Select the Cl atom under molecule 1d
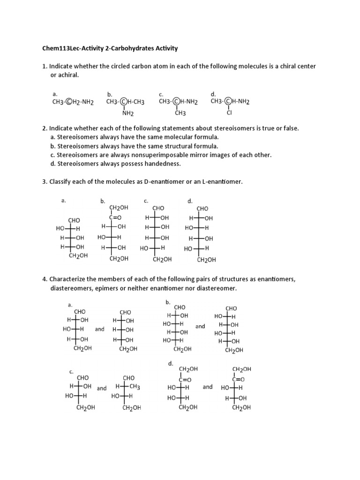pyautogui.click(x=230, y=112)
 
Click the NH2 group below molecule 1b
pyautogui.click(x=127, y=113)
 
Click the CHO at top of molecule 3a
pyautogui.click(x=75, y=220)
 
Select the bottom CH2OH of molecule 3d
pyautogui.click(x=206, y=259)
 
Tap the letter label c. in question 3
pyautogui.click(x=146, y=201)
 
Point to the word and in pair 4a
pyautogui.click(x=99, y=329)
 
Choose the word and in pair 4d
pyautogui.click(x=208, y=387)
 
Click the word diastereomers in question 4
pyautogui.click(x=72, y=288)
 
